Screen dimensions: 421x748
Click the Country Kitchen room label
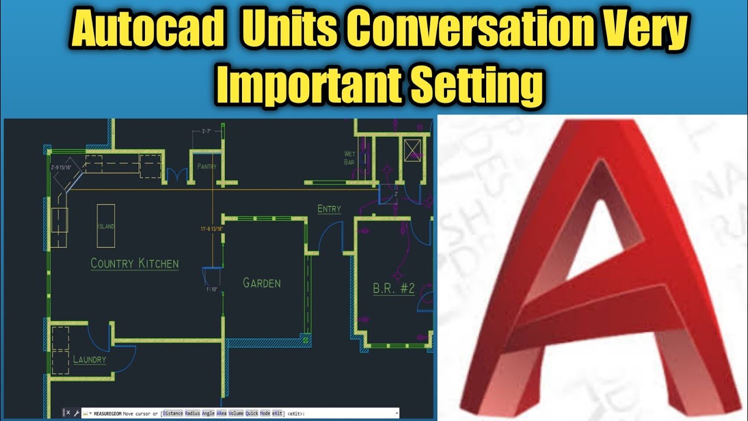tap(134, 264)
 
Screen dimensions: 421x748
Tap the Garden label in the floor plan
tap(262, 283)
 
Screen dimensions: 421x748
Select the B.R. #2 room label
tap(393, 288)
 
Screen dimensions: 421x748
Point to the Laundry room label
tap(89, 360)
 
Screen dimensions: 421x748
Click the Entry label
tap(329, 209)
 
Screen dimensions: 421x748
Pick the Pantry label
tap(207, 167)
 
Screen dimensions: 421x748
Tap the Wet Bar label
tap(349, 158)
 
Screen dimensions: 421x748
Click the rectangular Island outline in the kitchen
tap(106, 225)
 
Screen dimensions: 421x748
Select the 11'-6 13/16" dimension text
tap(212, 229)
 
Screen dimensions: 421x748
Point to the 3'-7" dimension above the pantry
tap(206, 132)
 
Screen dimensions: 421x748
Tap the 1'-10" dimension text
tap(211, 289)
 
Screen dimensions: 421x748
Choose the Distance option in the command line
tap(173, 413)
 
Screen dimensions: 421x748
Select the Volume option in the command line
tap(236, 413)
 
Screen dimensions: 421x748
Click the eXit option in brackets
tap(277, 413)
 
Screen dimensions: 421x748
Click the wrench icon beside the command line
tap(77, 413)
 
